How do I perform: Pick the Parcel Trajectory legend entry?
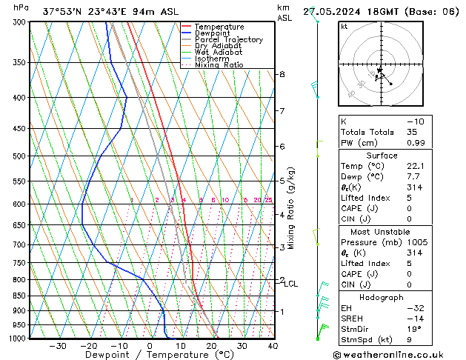coord(228,40)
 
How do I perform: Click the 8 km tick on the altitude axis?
coord(282,75)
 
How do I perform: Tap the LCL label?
coord(291,284)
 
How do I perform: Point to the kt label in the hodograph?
coord(344,27)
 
